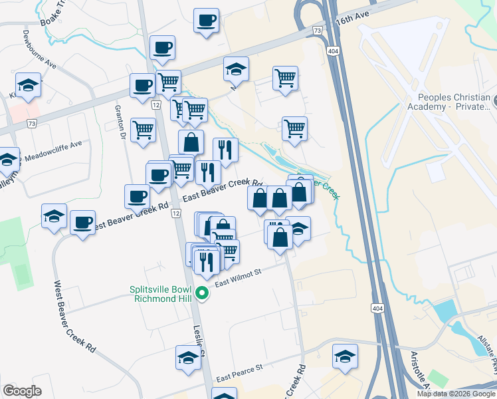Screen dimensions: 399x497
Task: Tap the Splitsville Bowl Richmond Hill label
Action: (x=162, y=294)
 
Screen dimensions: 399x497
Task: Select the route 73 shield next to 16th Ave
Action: (x=318, y=31)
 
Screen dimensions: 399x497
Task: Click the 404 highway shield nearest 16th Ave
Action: (x=333, y=51)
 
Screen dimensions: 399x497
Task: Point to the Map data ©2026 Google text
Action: (x=456, y=394)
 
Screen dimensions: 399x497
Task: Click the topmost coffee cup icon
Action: (x=206, y=19)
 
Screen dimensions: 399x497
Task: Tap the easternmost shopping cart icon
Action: (x=294, y=128)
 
